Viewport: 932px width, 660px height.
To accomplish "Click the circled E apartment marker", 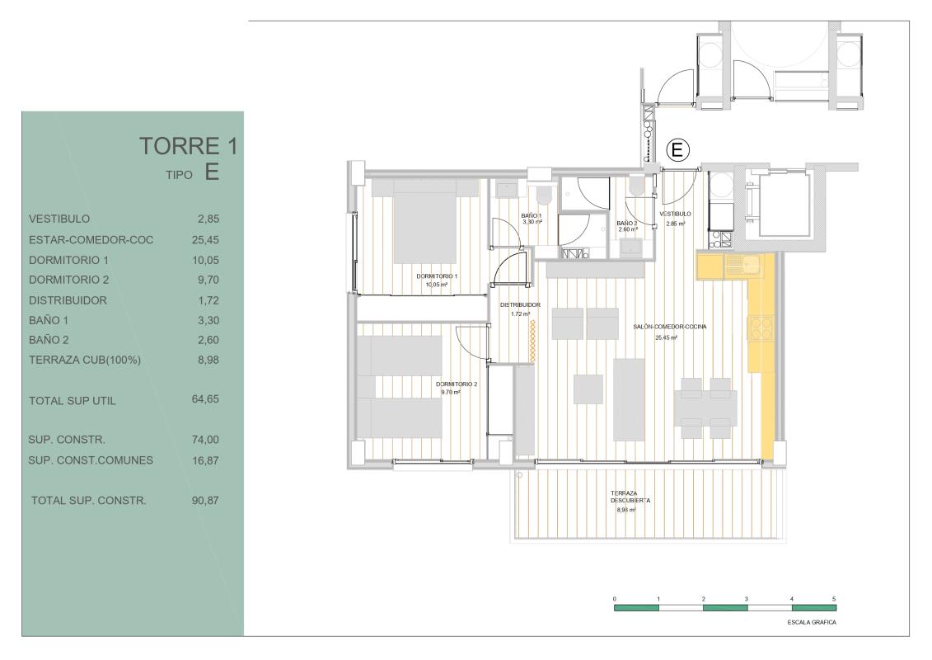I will pyautogui.click(x=677, y=149).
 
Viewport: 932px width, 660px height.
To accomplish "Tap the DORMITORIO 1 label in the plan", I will pyautogui.click(x=437, y=276).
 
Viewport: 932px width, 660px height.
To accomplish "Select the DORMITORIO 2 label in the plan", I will pyautogui.click(x=457, y=384).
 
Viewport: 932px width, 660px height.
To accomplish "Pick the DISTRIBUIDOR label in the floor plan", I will pyautogui.click(x=520, y=304).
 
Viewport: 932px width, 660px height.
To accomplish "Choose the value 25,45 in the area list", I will pyautogui.click(x=204, y=240).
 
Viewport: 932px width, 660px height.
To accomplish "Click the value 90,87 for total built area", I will pyautogui.click(x=204, y=500).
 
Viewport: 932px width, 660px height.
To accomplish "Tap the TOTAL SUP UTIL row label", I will pyautogui.click(x=73, y=402).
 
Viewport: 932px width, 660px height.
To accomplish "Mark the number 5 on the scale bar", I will pyautogui.click(x=835, y=597).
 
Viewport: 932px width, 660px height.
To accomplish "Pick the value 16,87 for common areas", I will pyautogui.click(x=204, y=460).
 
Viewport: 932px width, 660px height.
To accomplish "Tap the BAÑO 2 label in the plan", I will pyautogui.click(x=627, y=223).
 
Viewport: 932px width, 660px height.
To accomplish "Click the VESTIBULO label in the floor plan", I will pyautogui.click(x=675, y=214).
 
